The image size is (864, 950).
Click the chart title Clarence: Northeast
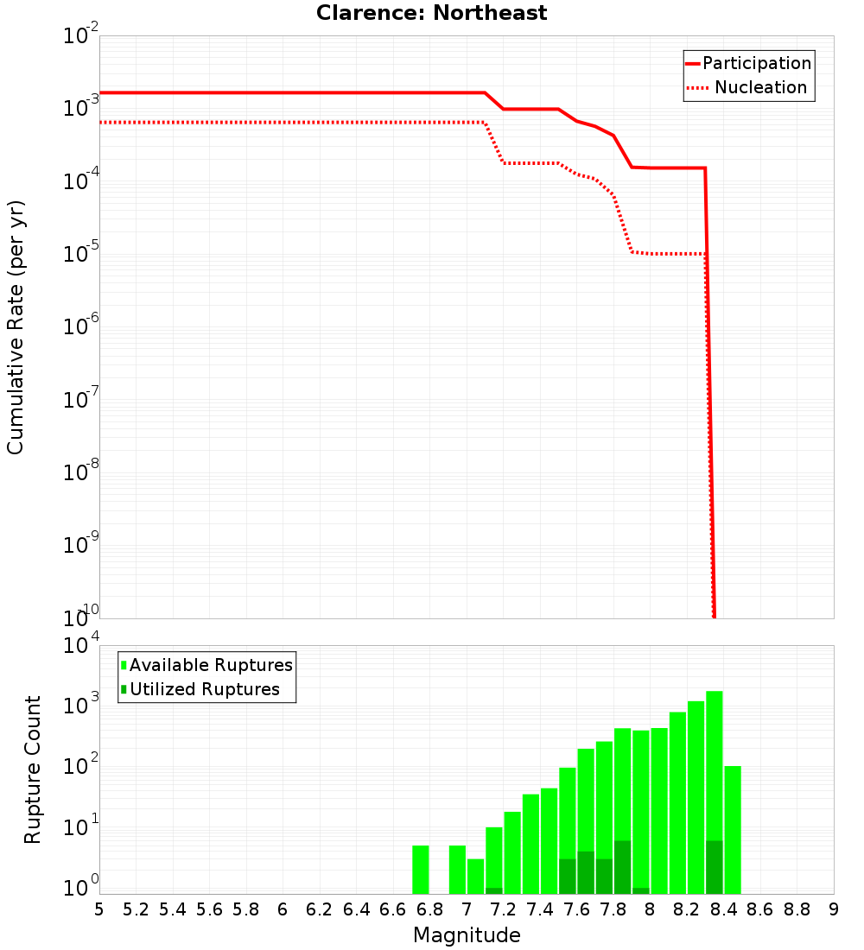[431, 13]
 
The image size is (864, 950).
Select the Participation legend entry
[748, 64]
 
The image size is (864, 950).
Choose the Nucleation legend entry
[748, 88]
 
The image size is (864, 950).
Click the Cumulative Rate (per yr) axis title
[16, 326]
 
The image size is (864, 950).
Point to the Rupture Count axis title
[33, 769]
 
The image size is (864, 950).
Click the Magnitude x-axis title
[467, 935]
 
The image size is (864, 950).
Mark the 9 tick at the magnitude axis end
[834, 909]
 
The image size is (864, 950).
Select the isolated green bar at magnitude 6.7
[421, 870]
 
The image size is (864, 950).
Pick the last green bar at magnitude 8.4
[733, 829]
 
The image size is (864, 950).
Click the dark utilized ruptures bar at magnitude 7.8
[622, 867]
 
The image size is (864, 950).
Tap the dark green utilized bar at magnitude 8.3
[715, 867]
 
